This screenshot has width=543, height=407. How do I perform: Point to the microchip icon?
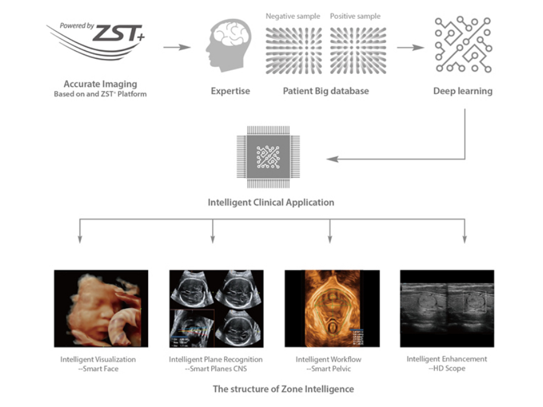tap(268, 157)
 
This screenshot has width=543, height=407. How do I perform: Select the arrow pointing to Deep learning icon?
tap(410, 47)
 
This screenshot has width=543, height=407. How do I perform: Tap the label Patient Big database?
tap(326, 91)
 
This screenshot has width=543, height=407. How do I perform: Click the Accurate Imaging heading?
tap(100, 84)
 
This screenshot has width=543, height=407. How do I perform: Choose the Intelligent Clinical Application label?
tap(271, 202)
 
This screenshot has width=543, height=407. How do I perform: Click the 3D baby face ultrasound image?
tap(101, 308)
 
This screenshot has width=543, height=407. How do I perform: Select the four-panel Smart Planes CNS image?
tap(216, 308)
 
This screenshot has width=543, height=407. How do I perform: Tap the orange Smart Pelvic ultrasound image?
tap(332, 308)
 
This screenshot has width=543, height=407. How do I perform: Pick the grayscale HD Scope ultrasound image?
tap(446, 308)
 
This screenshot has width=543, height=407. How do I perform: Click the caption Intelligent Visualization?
tap(98, 359)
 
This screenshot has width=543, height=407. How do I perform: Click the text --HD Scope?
tap(446, 368)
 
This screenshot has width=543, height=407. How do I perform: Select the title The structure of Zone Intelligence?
tap(283, 389)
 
